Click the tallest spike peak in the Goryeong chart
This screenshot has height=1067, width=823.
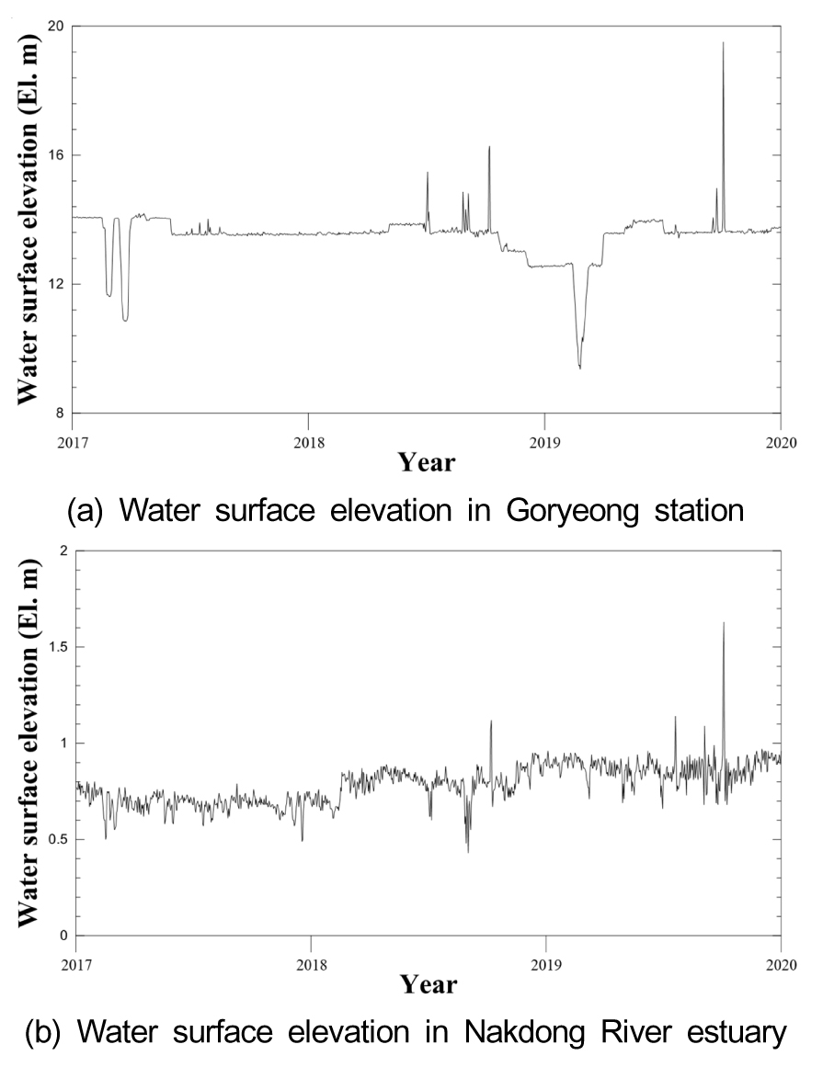click(x=723, y=42)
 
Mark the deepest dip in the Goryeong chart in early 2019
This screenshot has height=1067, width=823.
click(x=579, y=368)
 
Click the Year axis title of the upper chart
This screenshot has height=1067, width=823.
click(x=427, y=461)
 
